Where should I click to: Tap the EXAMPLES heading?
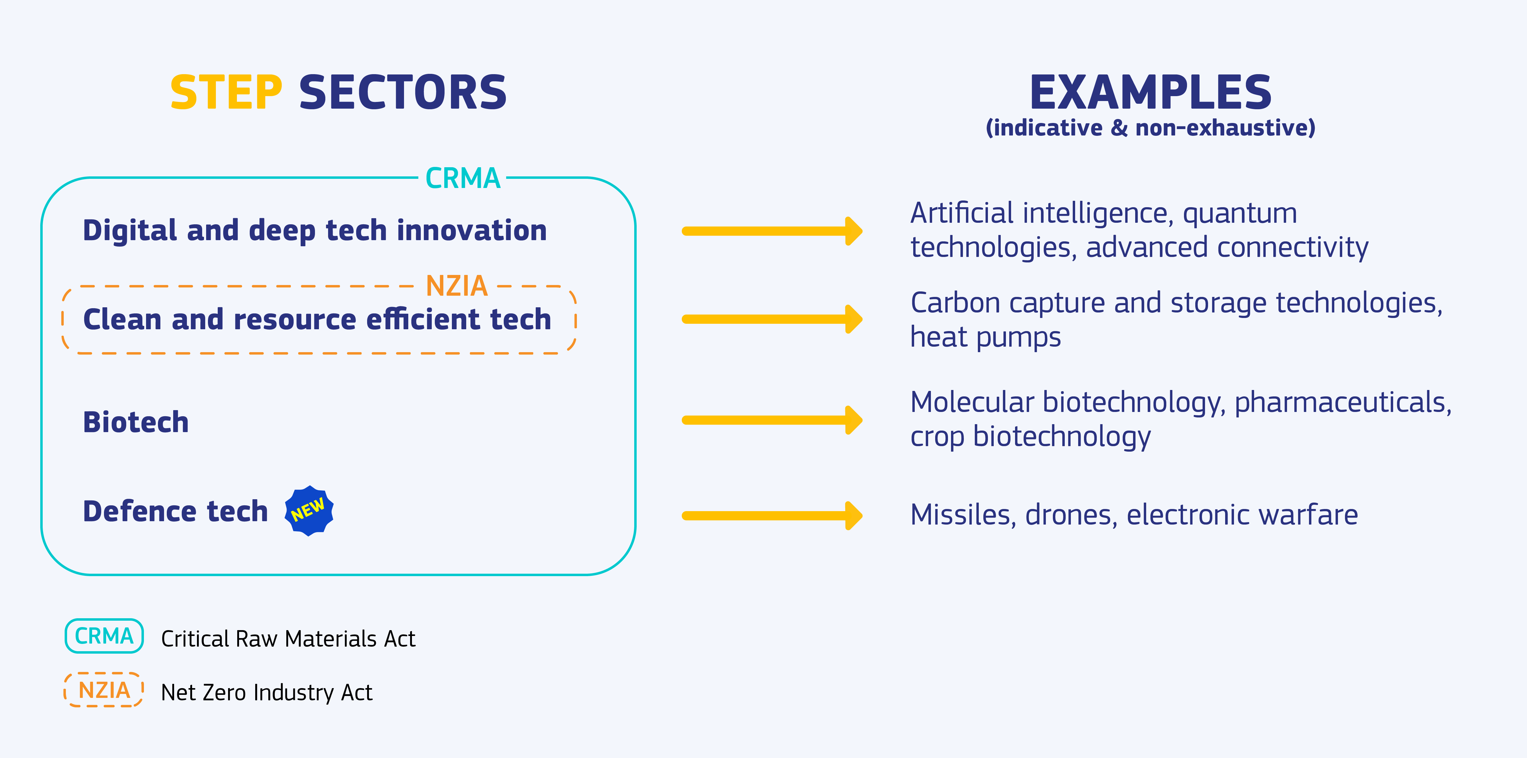click(1150, 93)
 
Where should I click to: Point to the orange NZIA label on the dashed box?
click(456, 286)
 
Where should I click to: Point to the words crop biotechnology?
click(1030, 437)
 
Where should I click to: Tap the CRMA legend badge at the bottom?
click(104, 636)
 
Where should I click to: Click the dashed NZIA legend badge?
click(104, 690)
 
